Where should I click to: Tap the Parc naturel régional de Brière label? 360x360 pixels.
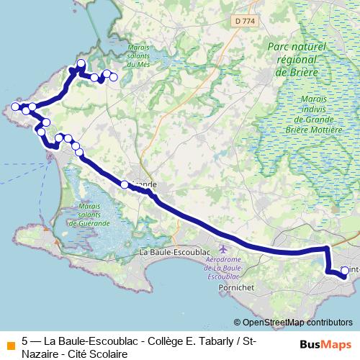click(x=297, y=58)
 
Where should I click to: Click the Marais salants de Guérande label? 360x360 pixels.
click(x=91, y=213)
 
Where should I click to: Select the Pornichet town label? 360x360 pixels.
click(x=235, y=286)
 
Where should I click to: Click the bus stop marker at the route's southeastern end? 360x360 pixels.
click(x=344, y=271)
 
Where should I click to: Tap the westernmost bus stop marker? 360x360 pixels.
click(x=15, y=107)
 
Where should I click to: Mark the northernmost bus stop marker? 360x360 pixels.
click(x=81, y=63)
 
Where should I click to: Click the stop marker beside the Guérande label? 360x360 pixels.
click(x=125, y=184)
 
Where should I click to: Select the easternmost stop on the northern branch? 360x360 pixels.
click(x=114, y=76)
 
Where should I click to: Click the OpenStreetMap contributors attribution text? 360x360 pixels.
click(x=297, y=323)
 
